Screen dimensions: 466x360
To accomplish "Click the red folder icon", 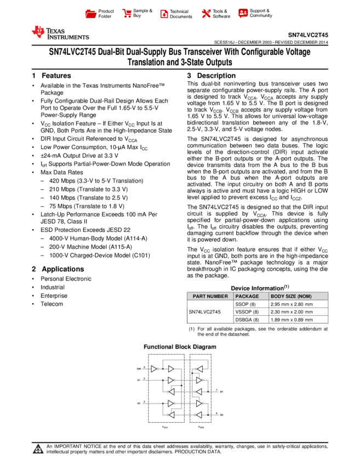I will coord(91,14).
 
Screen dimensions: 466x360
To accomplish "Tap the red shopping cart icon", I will coord(127,14).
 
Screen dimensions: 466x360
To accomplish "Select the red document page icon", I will coord(164,14).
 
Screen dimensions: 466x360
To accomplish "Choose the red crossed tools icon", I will coord(206,14).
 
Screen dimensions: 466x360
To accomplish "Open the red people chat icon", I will coord(243,13).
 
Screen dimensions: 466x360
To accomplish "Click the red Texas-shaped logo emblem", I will coord(38,32).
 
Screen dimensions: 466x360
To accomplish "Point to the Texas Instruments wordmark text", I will coord(67,34).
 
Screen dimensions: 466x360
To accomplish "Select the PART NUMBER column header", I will coord(210,297).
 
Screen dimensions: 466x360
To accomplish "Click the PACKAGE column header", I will coord(247,297).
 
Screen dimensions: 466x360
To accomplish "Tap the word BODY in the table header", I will coord(277,297).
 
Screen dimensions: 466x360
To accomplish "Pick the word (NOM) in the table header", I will coord(304,297).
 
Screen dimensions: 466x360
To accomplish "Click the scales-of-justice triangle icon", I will coord(38,450).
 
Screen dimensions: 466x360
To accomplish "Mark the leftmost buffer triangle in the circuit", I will coord(154,369).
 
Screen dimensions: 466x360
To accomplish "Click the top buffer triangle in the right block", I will coord(199,369).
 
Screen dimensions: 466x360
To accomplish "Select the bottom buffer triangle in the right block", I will coord(199,415).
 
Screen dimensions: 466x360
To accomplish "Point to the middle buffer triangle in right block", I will coord(199,392).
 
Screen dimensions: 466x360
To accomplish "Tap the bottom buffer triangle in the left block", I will coord(171,415).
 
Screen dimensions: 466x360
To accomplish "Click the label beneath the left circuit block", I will coord(164,427).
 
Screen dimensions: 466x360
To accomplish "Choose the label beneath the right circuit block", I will coord(201,427).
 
